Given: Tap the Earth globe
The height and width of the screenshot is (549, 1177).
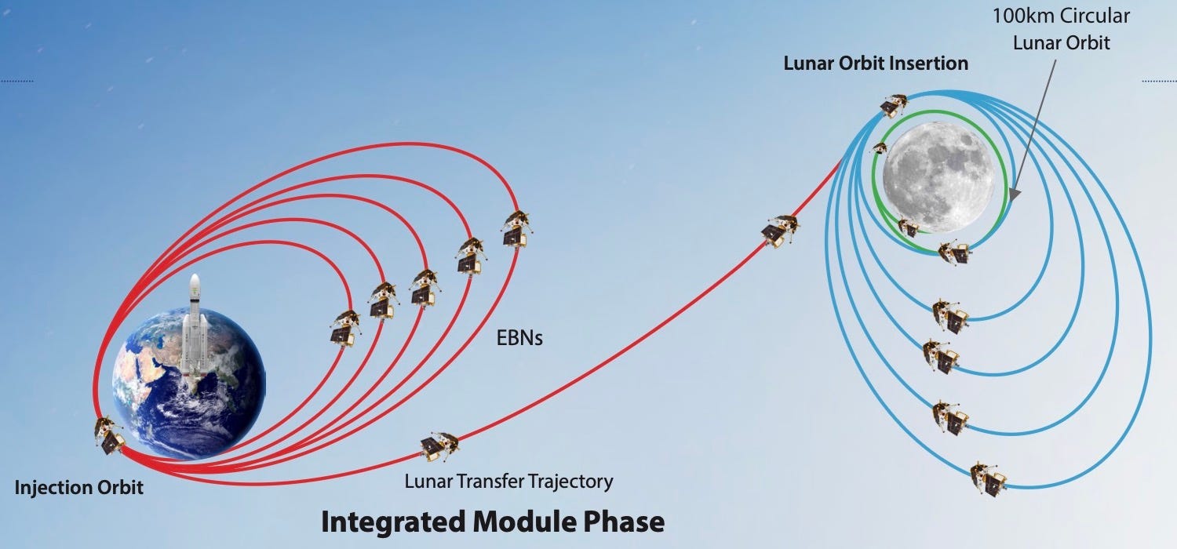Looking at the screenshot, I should (188, 384).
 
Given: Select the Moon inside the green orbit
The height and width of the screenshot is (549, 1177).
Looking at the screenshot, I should (938, 176).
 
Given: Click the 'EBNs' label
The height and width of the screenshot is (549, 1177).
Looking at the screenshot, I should (519, 339).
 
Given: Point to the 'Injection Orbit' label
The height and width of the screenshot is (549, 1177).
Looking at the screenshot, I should (79, 488).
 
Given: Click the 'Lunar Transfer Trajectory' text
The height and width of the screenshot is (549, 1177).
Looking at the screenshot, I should (508, 480).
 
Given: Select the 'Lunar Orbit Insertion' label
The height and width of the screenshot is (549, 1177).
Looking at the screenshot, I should (876, 63).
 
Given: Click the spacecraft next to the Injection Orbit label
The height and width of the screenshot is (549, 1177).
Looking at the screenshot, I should (109, 436).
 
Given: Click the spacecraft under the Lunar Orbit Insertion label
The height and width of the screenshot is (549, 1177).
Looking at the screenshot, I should (893, 104).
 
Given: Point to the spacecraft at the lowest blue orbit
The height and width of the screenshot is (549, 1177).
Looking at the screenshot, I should (988, 477).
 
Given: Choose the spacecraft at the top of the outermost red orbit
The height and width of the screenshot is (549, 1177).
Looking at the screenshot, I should (517, 227).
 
